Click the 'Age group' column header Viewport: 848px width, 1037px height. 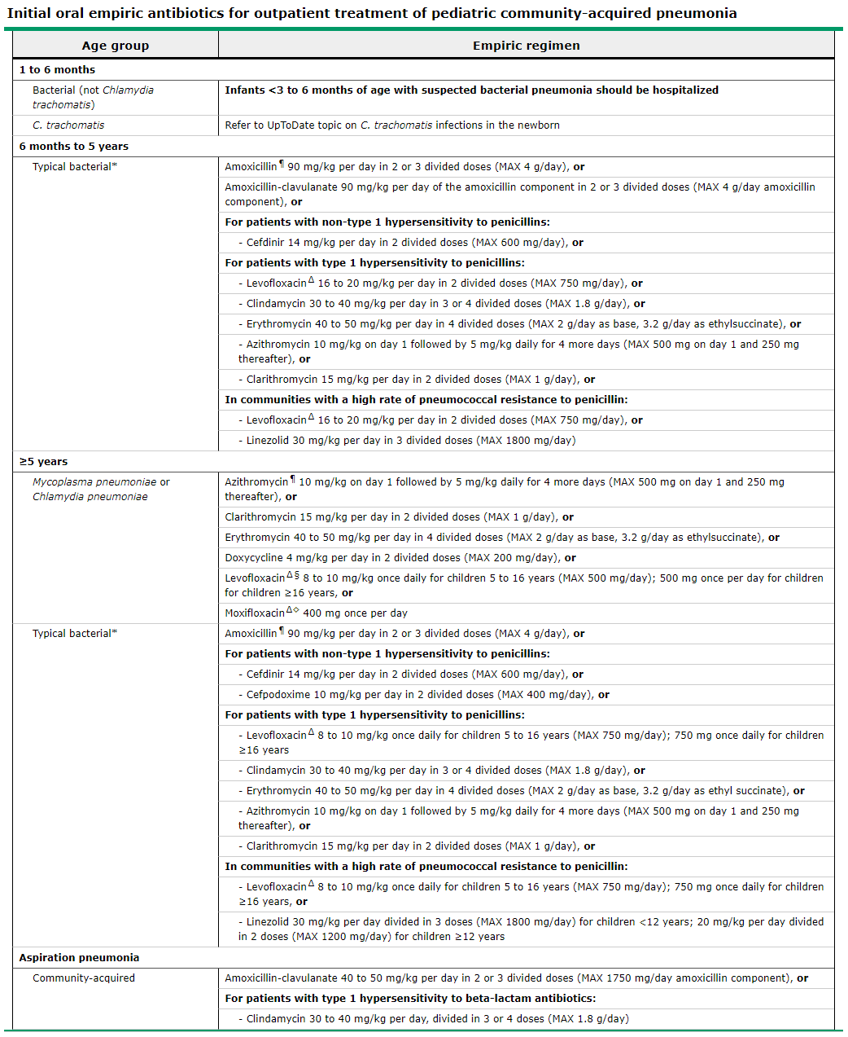click(x=116, y=46)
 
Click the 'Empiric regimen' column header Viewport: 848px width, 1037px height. click(x=526, y=46)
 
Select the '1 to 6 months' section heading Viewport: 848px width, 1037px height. click(x=57, y=70)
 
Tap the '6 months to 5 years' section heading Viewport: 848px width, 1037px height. click(x=74, y=147)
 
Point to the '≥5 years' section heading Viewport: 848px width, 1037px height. click(x=44, y=462)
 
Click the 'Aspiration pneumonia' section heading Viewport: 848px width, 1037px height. click(x=79, y=958)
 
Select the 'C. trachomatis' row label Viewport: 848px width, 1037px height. click(x=68, y=125)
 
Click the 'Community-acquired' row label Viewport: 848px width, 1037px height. click(x=84, y=978)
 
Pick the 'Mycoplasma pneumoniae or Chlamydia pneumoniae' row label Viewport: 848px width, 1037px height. click(x=101, y=490)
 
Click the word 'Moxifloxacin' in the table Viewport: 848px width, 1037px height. click(x=255, y=613)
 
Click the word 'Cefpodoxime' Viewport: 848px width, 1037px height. click(x=278, y=695)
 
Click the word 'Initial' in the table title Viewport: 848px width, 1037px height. click(x=28, y=13)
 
